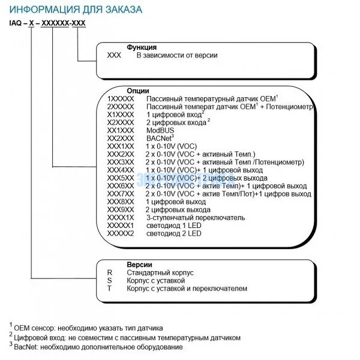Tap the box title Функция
tap(142, 47)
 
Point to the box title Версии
tap(139, 264)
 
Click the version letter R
tap(110, 272)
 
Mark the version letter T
tap(110, 289)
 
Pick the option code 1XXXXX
tap(121, 97)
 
